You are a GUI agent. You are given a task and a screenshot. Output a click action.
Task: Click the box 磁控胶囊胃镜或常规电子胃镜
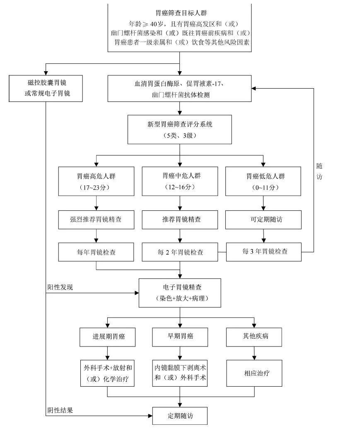pos(46,88)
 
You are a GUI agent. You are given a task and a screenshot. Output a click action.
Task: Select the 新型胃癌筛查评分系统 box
pos(179,130)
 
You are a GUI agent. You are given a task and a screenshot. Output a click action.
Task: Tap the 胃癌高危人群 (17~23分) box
pos(96,181)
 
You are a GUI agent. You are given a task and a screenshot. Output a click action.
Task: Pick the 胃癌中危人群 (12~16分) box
pos(179,181)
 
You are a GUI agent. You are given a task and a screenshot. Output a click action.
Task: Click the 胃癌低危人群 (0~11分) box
pos(263,181)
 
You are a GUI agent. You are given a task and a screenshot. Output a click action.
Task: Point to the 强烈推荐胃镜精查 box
pos(96,220)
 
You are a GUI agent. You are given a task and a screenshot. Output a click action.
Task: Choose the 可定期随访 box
pos(263,220)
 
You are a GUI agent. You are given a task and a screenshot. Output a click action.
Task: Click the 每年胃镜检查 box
pos(96,252)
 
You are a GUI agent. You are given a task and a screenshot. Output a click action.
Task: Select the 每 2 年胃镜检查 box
pos(180,252)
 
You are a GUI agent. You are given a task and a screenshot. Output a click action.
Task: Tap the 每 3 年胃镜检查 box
pos(264,251)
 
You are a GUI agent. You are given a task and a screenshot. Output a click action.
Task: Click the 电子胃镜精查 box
pos(180,292)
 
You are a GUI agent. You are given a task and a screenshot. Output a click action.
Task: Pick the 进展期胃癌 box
pos(108,337)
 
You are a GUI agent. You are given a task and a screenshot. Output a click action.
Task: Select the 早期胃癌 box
pos(180,337)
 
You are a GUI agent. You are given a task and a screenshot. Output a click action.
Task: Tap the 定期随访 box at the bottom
pos(180,416)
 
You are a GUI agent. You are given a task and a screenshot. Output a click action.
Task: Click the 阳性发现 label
pos(60,287)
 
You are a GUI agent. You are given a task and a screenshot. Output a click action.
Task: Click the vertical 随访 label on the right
pos(319,171)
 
